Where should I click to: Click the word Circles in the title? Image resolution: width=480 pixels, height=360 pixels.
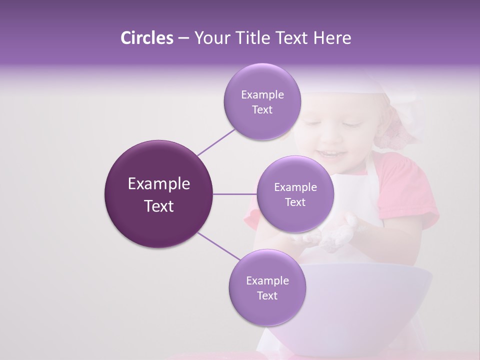(146, 38)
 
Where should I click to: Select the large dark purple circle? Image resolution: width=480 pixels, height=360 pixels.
(158, 194)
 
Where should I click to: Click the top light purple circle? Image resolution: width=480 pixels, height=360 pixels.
(262, 101)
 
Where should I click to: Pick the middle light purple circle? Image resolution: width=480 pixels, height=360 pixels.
(295, 194)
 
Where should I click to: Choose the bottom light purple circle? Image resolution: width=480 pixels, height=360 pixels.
(267, 287)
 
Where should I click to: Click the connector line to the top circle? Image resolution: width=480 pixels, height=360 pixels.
(216, 141)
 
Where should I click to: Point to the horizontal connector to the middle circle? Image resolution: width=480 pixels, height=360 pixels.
(234, 194)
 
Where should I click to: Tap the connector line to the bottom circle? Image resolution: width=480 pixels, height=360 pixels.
(218, 246)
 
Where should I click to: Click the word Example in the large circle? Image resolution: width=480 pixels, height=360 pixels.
(158, 184)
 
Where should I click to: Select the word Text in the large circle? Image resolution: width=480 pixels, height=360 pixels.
(158, 206)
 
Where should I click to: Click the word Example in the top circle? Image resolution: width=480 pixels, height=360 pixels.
(262, 94)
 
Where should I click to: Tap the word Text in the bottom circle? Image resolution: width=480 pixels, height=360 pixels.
(267, 295)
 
